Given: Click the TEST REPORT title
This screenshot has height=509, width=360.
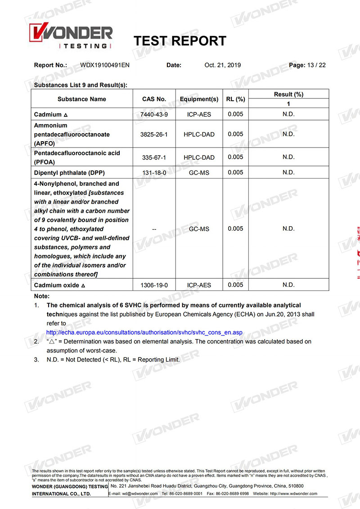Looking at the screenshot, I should tap(180, 41).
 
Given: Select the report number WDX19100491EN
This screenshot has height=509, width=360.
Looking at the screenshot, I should tap(105, 65).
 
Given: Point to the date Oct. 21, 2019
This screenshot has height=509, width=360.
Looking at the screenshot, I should tap(222, 65).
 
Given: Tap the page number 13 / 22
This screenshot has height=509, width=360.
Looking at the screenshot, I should tap(316, 65).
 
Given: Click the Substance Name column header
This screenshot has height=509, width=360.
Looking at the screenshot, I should tap(82, 99).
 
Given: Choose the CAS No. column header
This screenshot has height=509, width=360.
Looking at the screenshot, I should tap(154, 99).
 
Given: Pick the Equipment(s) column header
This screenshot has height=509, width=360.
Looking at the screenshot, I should tap(199, 99).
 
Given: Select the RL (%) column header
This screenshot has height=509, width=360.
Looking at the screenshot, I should tap(235, 99).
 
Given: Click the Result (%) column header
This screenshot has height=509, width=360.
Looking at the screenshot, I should tap(288, 94).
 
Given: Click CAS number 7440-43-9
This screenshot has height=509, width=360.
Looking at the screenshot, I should tap(154, 115).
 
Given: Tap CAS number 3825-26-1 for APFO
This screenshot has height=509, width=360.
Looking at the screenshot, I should tap(154, 134).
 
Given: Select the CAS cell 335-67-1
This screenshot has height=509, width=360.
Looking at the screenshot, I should tap(154, 157).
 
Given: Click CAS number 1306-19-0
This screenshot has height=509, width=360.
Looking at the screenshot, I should tap(154, 285).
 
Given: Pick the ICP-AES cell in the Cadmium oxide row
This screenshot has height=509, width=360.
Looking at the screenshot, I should tap(199, 285).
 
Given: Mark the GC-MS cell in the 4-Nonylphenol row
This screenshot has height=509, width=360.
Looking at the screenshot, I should tap(199, 229).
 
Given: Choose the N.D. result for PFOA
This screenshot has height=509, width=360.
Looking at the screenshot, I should tap(288, 157).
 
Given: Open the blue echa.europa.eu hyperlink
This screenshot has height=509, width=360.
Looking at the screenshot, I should tap(144, 333).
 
